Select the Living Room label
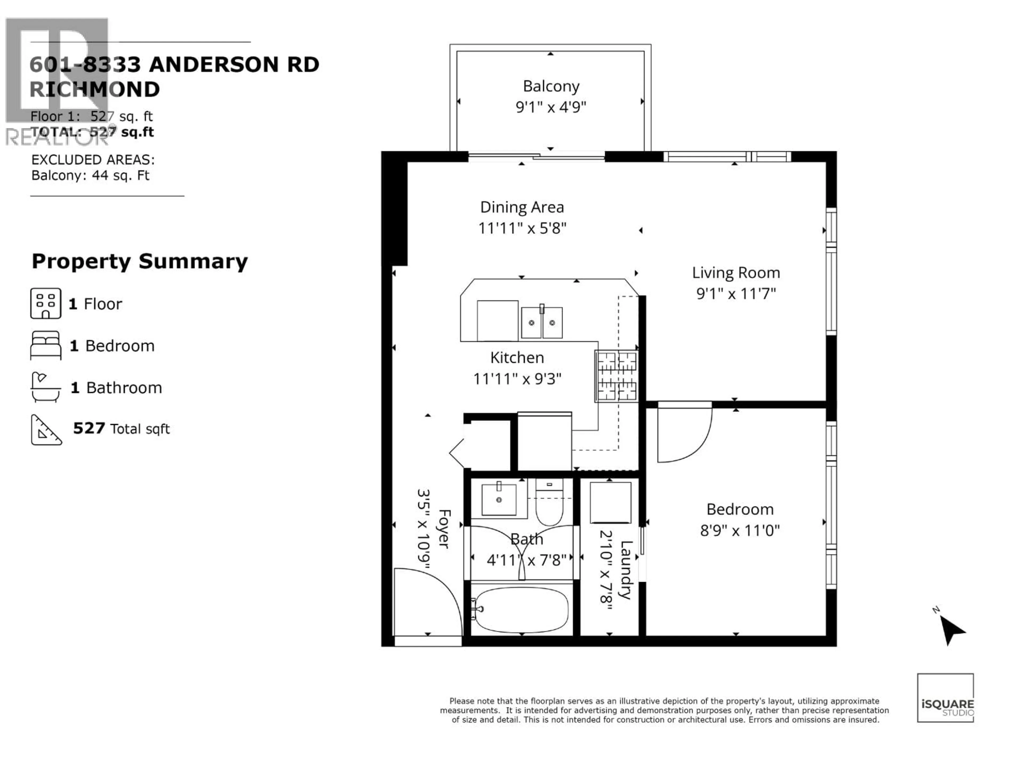click(x=735, y=273)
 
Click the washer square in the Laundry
click(x=610, y=503)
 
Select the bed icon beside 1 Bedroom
click(x=45, y=345)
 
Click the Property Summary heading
click(x=140, y=262)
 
